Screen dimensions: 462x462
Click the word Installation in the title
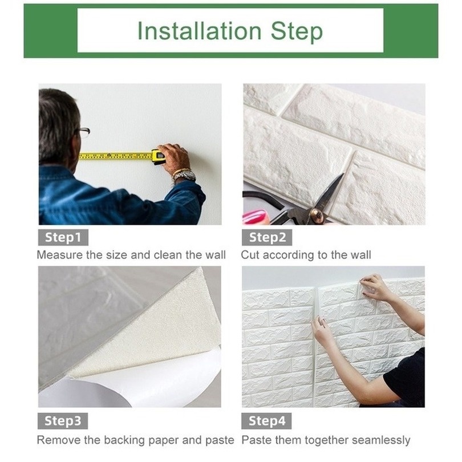[200, 31]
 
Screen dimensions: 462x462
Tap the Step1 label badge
[63, 237]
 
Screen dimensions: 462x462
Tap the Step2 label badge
[267, 237]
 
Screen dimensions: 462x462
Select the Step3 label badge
[63, 421]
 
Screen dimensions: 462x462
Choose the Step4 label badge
[266, 421]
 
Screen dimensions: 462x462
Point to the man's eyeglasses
[84, 132]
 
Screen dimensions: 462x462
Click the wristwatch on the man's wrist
[184, 175]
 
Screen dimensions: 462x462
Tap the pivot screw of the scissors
[318, 214]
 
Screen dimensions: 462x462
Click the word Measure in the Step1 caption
[60, 255]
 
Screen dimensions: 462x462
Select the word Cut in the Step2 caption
[250, 255]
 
